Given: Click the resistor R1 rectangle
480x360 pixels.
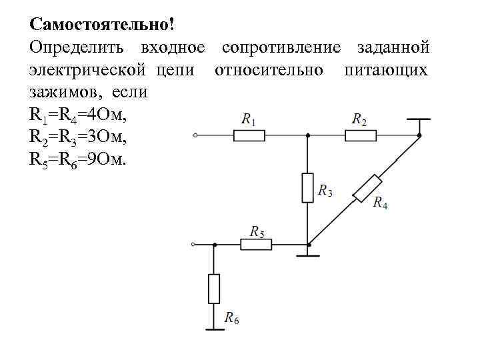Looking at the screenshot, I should coord(249,135).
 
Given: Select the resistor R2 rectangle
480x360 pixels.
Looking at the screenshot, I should coord(361,135).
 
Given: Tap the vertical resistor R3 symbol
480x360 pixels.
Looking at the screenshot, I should coord(307,187).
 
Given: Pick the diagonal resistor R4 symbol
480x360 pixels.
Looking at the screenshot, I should coord(367,187).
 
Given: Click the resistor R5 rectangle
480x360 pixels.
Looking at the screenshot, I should coord(256,245).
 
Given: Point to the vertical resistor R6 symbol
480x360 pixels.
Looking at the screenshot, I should coord(214,288).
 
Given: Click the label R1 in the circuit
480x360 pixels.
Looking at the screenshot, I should coord(249,120).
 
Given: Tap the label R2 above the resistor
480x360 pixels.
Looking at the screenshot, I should coord(360,120).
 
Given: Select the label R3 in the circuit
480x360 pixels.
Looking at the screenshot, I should coord(325,191).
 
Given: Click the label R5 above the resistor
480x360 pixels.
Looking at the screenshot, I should coord(257,231).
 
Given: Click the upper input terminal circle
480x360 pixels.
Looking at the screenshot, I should coord(195,135).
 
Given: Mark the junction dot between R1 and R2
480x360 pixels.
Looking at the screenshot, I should coord(307,135).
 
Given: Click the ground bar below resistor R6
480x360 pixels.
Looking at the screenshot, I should coord(214,327).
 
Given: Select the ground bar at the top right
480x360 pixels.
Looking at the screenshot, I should coord(419,119).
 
